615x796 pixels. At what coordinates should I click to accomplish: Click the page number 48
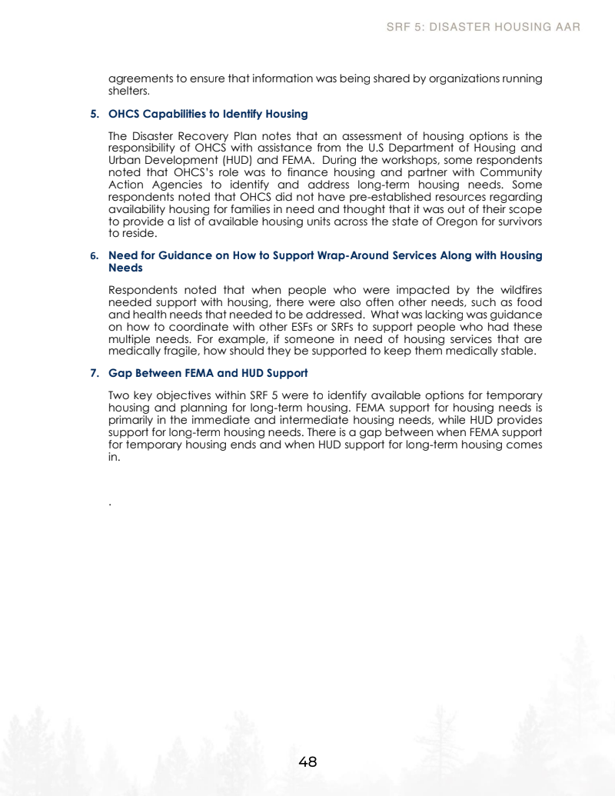[x=307, y=762]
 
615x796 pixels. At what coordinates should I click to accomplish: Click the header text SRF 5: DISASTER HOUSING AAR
[x=483, y=27]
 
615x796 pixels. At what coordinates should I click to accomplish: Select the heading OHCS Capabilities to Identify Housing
[x=208, y=114]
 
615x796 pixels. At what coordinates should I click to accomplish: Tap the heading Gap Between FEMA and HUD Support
[x=208, y=373]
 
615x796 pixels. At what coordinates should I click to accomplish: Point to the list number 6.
[x=94, y=255]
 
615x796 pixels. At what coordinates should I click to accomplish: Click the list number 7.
[x=94, y=373]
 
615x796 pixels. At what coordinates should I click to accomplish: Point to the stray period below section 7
[x=111, y=504]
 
